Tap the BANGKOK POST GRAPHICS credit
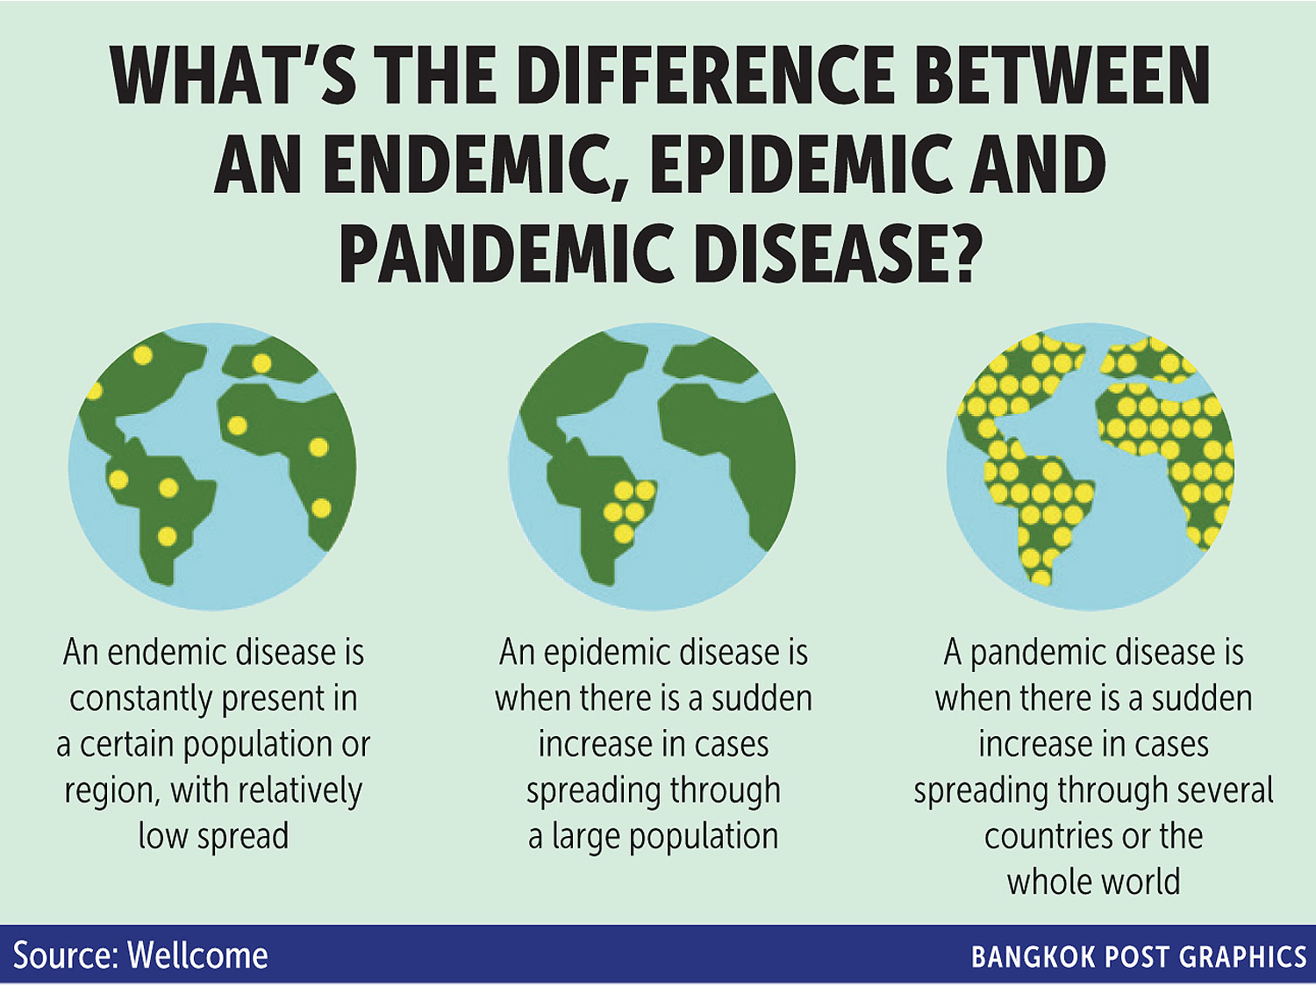pyautogui.click(x=1139, y=957)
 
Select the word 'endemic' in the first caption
pyautogui.click(x=167, y=652)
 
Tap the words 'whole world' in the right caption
pyautogui.click(x=1093, y=882)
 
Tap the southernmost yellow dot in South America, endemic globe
pyautogui.click(x=168, y=536)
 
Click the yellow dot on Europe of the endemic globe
pyautogui.click(x=261, y=363)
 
